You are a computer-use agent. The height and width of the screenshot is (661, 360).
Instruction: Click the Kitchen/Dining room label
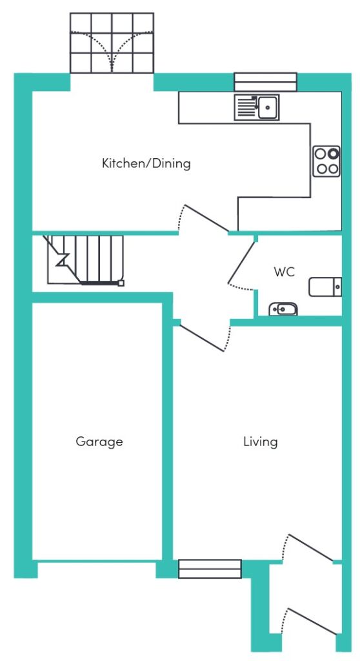coord(146,163)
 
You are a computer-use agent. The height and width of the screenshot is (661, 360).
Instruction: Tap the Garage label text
coord(99,442)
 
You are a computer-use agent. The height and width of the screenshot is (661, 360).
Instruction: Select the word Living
coord(261,442)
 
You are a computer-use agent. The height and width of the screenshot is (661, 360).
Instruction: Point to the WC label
coord(284,272)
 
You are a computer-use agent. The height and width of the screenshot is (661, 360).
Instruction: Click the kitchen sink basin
coord(268,107)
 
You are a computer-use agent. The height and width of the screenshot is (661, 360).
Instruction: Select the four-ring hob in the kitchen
coord(326,161)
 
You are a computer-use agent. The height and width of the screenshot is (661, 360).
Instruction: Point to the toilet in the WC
coord(325,287)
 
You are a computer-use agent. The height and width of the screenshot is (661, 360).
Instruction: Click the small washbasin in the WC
coord(283,309)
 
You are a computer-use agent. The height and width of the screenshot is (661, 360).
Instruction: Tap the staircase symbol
coord(85,260)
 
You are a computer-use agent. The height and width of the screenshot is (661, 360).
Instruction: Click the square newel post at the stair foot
coord(121,283)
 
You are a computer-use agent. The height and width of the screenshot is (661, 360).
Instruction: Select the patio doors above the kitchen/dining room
coord(112,43)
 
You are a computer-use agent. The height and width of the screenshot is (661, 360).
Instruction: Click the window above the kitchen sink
coord(266,82)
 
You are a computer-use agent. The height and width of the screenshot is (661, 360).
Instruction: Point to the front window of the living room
coord(210,569)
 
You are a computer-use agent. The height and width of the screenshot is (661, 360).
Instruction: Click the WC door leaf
coord(241,262)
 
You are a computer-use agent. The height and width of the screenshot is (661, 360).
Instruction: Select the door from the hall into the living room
coord(202,338)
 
